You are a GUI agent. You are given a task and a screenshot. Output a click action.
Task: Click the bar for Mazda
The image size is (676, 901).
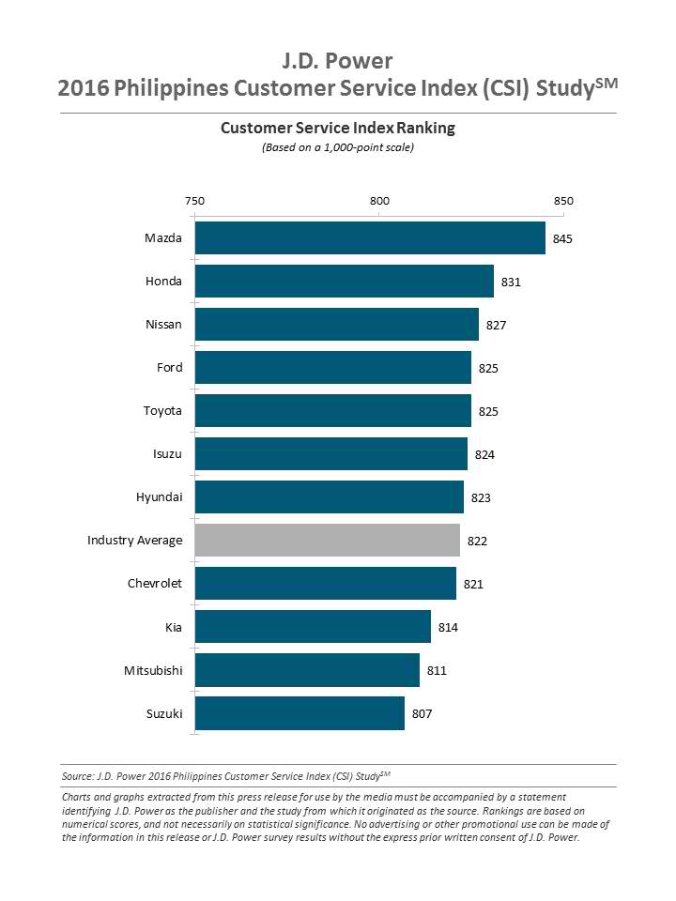pos(370,238)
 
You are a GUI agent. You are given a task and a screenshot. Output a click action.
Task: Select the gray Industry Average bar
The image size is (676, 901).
pos(327,541)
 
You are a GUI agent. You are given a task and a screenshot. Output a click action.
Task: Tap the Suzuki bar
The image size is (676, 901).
pos(300,713)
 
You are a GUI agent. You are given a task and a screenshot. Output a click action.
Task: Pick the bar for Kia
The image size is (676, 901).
pos(313,627)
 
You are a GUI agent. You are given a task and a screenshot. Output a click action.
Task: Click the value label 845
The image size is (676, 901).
pos(562,239)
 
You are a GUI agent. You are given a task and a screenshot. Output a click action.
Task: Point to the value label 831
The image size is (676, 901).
pos(511,282)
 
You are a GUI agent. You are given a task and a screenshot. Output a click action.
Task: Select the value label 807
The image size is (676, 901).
pos(422,714)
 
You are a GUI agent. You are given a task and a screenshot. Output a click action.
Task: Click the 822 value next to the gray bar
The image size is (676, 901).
pos(477,542)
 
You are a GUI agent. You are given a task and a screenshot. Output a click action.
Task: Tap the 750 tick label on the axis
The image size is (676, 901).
pos(194,201)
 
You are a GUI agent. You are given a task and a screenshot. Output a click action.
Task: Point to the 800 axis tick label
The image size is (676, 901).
pos(379,201)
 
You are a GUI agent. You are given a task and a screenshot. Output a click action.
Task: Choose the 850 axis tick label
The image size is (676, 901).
pos(563,201)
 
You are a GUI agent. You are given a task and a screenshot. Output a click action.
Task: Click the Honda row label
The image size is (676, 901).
pos(163,282)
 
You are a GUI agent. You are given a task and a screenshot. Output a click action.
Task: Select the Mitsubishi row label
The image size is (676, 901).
pos(153,670)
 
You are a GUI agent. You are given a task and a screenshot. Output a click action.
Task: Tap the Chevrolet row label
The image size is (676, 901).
pos(155,584)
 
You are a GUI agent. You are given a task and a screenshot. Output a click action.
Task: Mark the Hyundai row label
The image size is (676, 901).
pos(159,497)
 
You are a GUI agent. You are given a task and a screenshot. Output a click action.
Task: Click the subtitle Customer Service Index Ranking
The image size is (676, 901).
pos(337,128)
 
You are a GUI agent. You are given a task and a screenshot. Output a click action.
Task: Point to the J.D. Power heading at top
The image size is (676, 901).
pos(337,62)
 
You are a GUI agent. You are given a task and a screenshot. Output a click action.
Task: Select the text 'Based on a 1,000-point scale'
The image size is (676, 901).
pos(337,147)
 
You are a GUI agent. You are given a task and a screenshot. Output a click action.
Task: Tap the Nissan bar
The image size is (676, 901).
pos(337,325)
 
